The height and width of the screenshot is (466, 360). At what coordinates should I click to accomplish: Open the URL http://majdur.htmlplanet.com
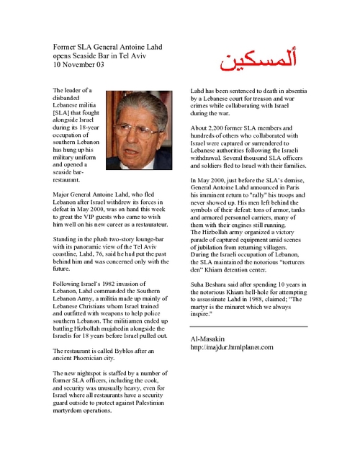coord(232,346)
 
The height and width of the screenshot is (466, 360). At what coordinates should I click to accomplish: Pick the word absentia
coord(291,90)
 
